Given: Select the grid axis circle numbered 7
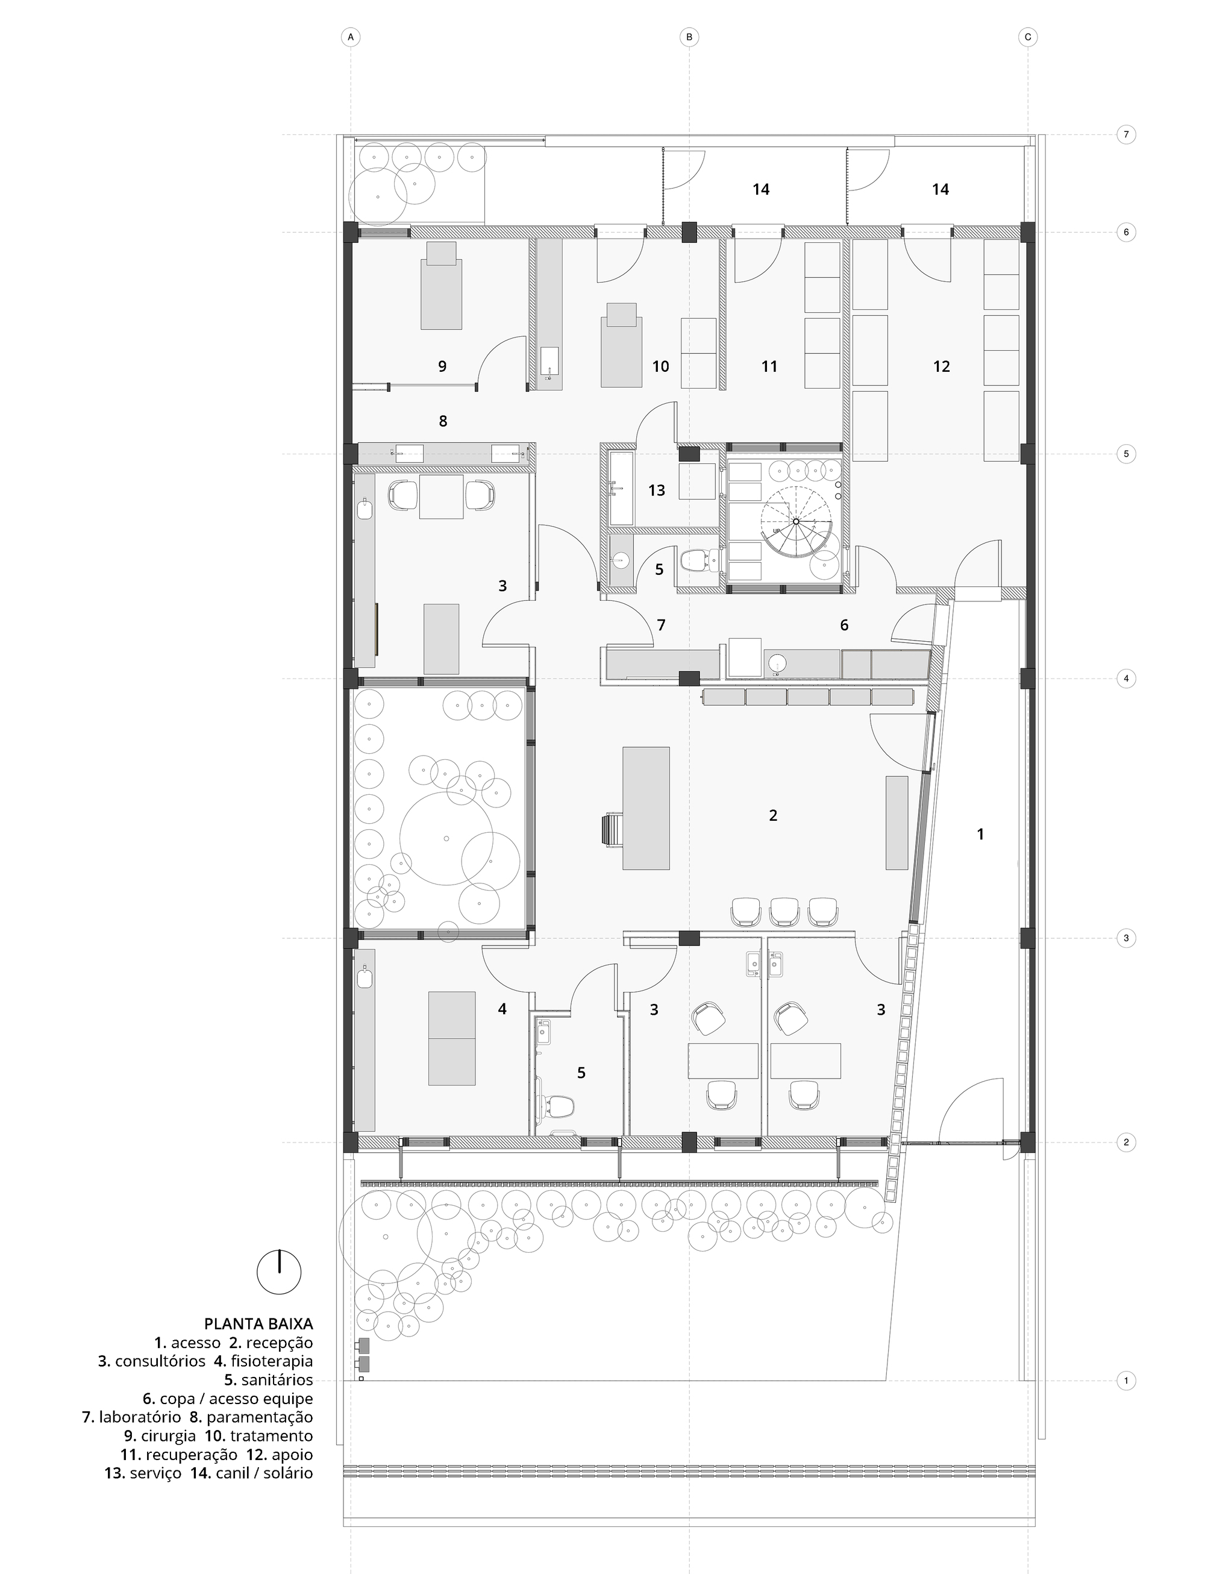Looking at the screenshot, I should (x=1126, y=134).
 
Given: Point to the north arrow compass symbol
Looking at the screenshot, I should (x=279, y=1272).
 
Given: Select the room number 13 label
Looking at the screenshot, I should (x=656, y=490).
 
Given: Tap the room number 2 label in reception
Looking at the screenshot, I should (x=772, y=815).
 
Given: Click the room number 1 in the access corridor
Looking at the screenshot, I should (x=980, y=833).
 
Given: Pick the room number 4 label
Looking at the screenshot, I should (x=502, y=1009).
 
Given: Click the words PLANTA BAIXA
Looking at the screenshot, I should (x=258, y=1324).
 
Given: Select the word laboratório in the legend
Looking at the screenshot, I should (x=140, y=1417).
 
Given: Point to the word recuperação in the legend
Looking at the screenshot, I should (x=191, y=1454).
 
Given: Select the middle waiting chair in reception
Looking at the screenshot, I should (x=784, y=912).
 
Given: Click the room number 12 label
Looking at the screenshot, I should (x=941, y=366).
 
